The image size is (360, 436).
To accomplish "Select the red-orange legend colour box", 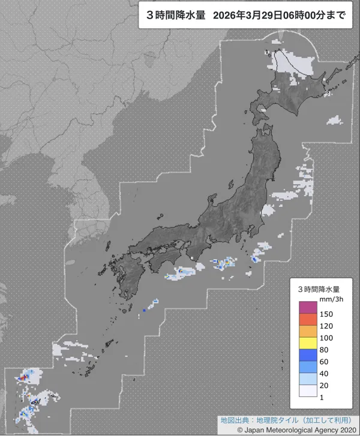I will point(308,319).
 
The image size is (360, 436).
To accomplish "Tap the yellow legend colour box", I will point(308,343).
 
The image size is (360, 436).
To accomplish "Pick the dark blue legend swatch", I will point(308,355).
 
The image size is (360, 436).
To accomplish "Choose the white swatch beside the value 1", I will point(308,391).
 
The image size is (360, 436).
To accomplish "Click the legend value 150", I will point(327,314).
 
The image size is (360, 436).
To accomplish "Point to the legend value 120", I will point(327,326).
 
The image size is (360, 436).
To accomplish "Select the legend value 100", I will point(327,338).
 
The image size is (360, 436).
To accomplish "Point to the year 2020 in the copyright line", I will point(346,430).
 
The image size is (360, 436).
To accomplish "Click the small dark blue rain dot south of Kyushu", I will point(145,311).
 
